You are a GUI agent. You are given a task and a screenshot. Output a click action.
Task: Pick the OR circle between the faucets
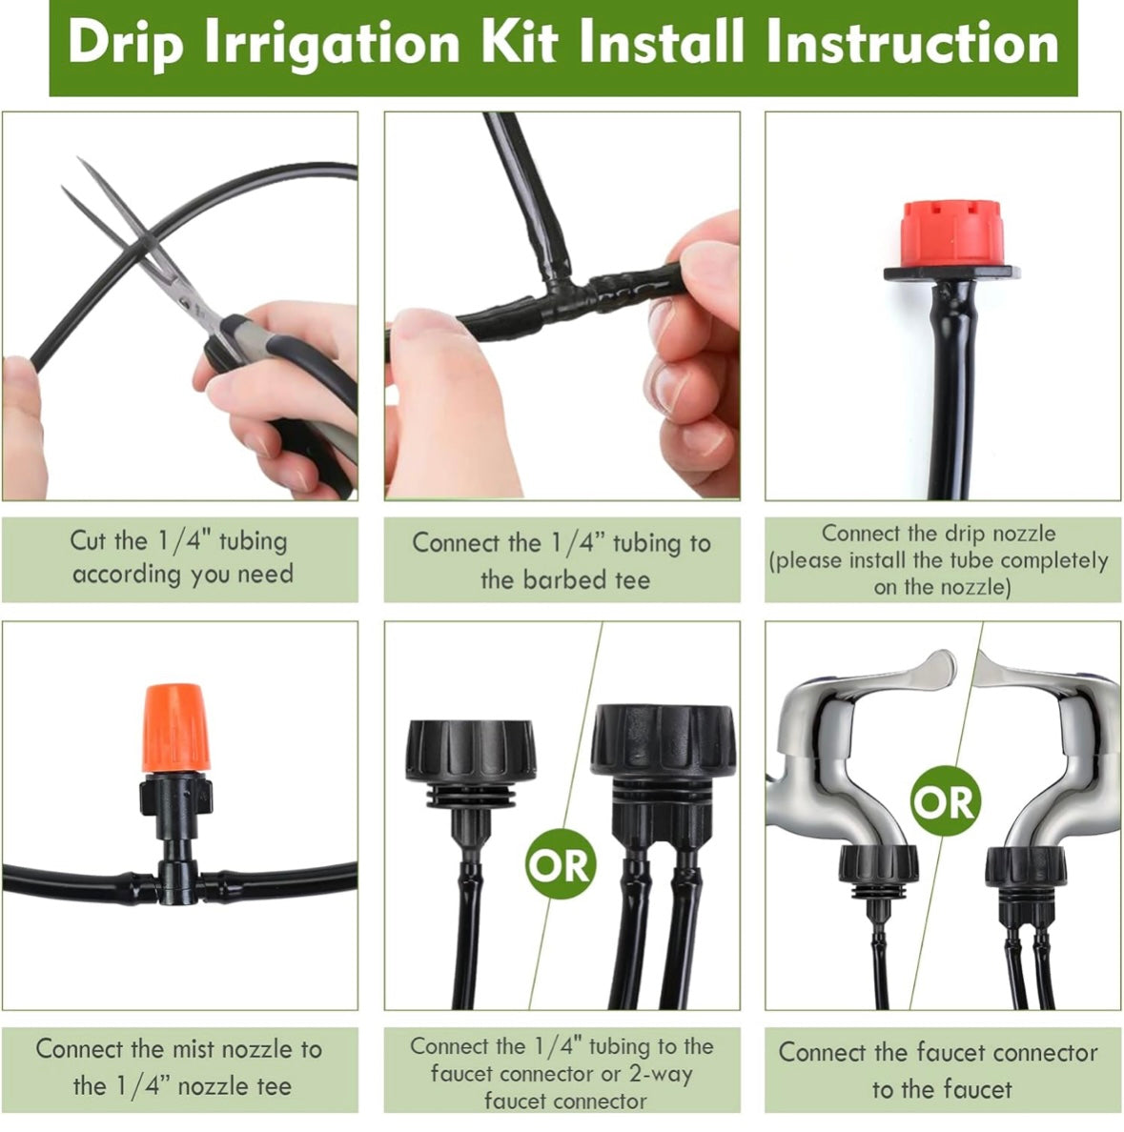[x=944, y=801]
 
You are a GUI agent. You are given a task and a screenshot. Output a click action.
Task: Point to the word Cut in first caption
[x=88, y=541]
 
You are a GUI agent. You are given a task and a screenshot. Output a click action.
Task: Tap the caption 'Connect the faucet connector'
[x=938, y=1053]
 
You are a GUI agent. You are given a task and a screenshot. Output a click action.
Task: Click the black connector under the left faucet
[x=876, y=867]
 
